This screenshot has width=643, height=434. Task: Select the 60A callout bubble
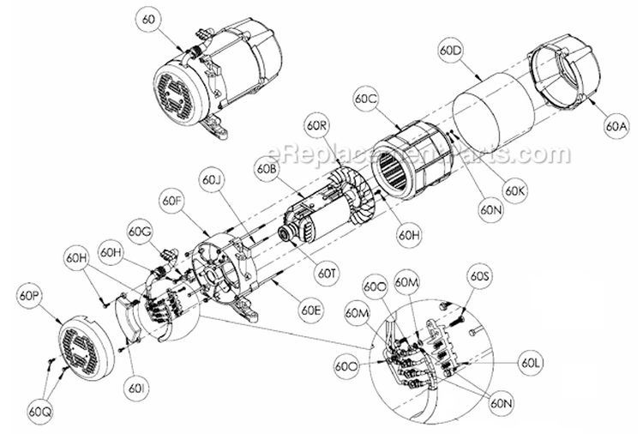[617, 126]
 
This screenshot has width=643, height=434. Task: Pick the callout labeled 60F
[172, 203]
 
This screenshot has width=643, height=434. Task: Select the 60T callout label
[326, 274]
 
